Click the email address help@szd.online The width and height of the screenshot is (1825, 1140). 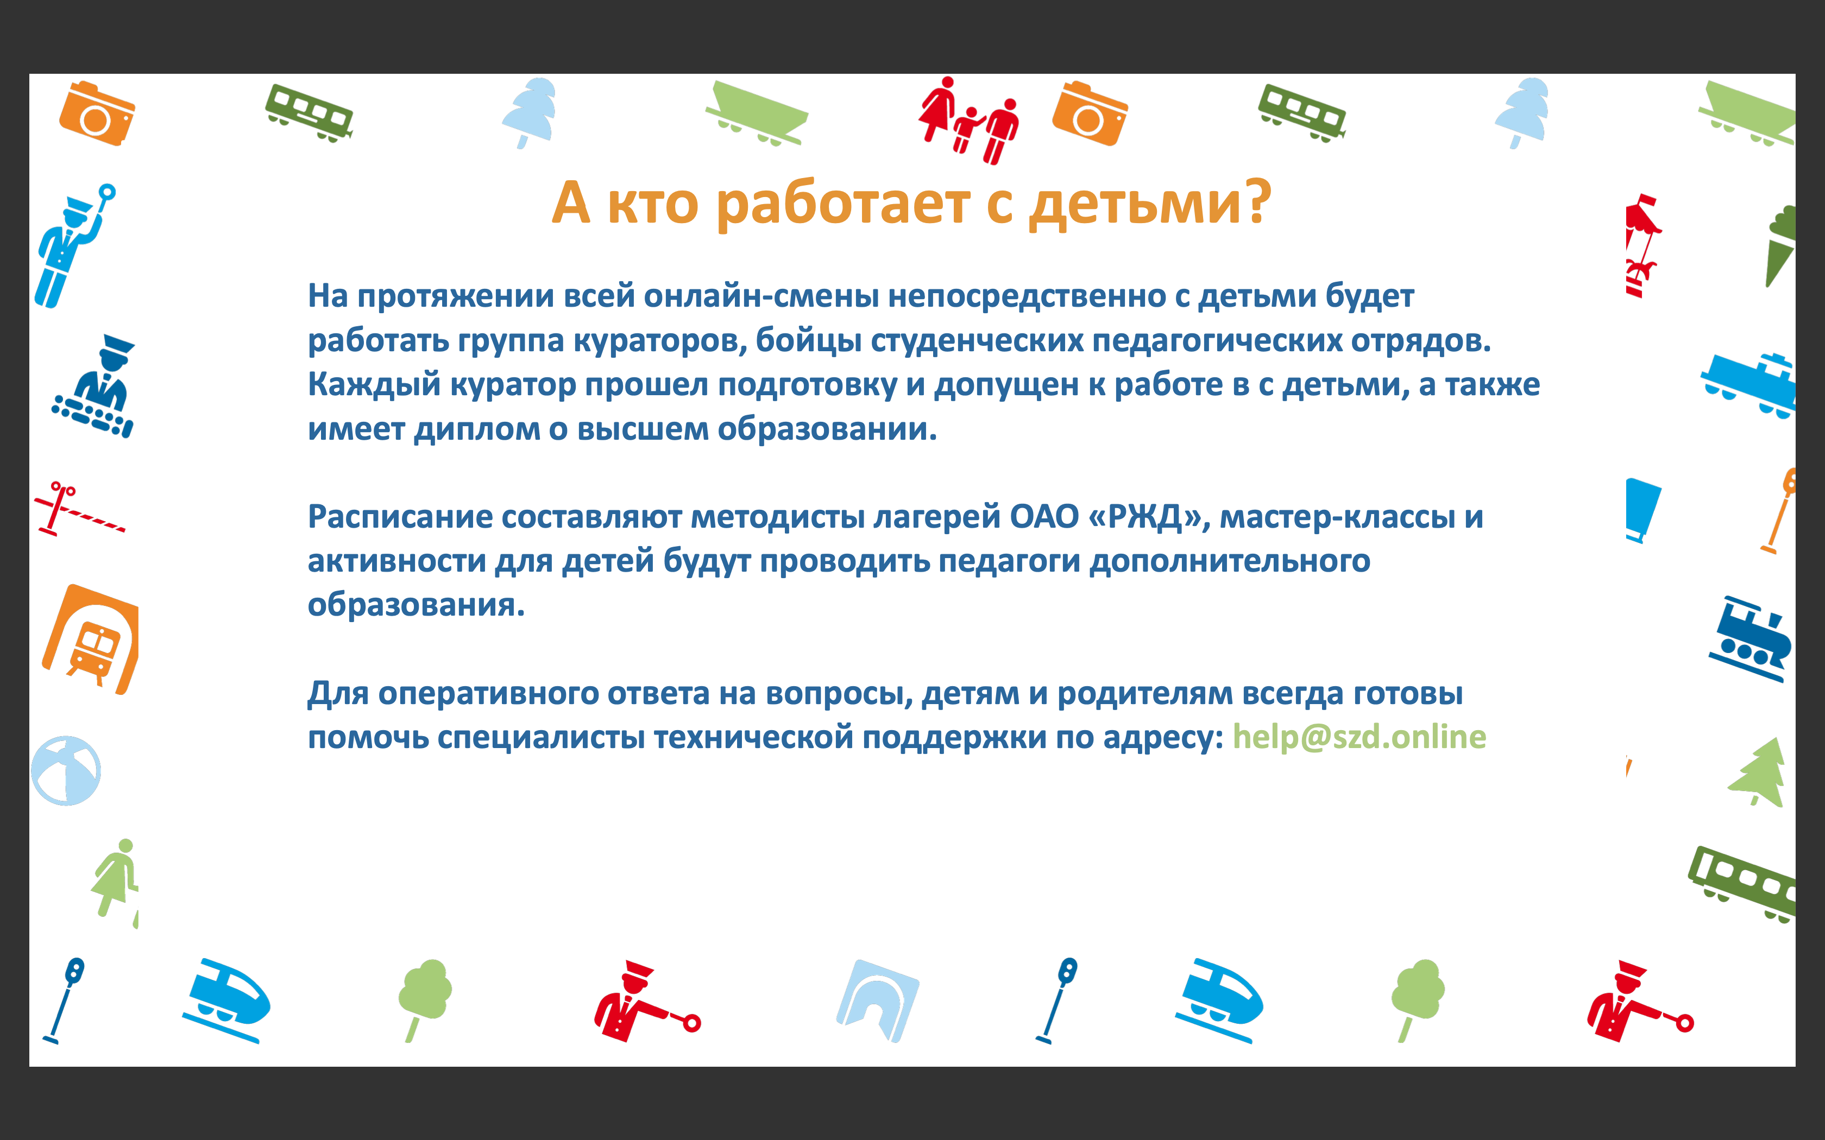(x=1359, y=737)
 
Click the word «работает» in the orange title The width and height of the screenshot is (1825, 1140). (x=842, y=204)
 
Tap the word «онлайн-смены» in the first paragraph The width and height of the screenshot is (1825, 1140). (x=762, y=295)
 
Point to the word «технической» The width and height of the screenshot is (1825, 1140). (x=753, y=737)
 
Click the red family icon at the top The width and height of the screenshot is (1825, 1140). (x=968, y=120)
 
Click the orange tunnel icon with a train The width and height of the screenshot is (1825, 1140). (x=91, y=638)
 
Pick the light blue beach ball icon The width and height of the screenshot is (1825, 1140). (x=66, y=770)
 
